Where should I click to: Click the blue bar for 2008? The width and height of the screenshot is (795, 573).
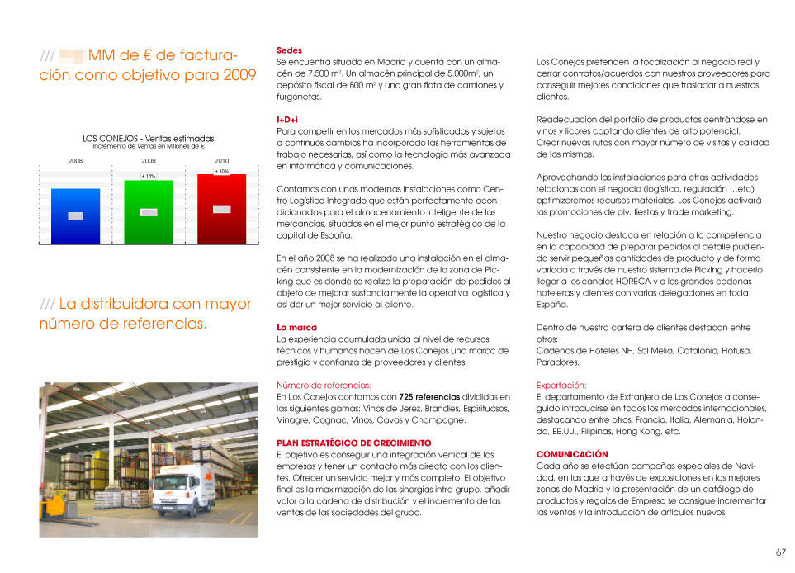(76, 216)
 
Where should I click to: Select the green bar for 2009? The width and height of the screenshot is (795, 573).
(149, 211)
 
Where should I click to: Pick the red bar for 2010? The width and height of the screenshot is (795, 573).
(221, 209)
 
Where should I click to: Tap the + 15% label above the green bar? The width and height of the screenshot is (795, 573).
(148, 176)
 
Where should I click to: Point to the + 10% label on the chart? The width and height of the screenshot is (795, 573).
(221, 171)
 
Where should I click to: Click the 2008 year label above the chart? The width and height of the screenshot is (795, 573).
(75, 160)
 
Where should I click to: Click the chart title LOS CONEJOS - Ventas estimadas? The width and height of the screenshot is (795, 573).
(149, 139)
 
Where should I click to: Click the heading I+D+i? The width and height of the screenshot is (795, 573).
(287, 120)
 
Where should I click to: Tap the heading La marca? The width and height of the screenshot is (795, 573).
(296, 328)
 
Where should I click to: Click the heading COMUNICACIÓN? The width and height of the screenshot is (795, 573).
(572, 454)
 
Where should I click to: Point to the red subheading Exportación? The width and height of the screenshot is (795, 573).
(561, 386)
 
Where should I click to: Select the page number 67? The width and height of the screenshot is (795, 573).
(780, 552)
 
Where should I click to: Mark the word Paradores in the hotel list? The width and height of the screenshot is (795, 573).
(557, 362)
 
